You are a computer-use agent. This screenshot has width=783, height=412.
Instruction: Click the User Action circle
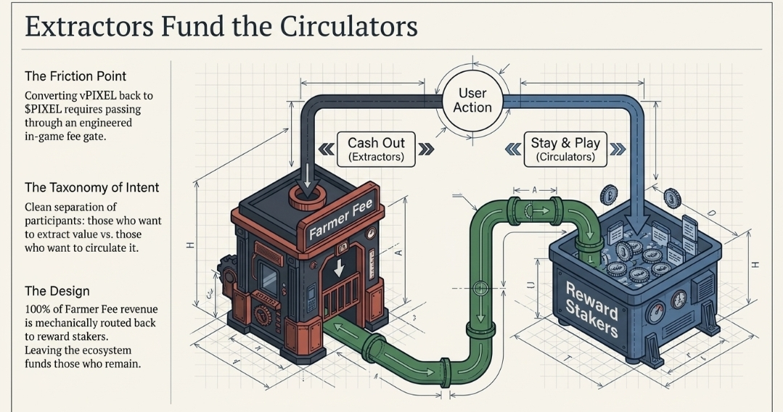click(x=472, y=100)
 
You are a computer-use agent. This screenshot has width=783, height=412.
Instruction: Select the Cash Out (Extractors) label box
click(x=376, y=149)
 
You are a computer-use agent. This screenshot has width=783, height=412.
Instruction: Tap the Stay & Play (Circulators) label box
click(x=565, y=149)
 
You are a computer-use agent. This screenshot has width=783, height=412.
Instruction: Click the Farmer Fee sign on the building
click(x=340, y=221)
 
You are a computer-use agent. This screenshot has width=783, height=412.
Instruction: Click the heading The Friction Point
click(x=75, y=76)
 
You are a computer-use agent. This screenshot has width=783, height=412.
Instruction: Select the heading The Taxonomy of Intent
click(x=91, y=187)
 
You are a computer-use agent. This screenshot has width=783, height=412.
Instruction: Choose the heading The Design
click(x=57, y=291)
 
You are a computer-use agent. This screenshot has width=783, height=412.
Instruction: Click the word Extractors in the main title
click(x=89, y=27)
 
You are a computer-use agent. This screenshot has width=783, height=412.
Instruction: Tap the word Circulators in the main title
click(x=343, y=27)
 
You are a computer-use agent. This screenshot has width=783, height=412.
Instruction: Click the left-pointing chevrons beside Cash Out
click(x=327, y=149)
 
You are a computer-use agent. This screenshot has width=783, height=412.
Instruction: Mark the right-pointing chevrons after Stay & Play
click(x=618, y=149)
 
